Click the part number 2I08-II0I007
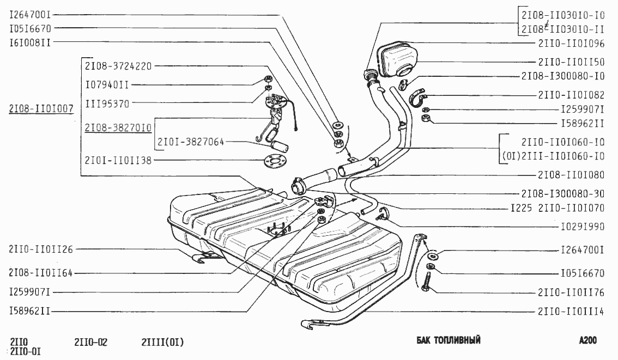click(x=41, y=108)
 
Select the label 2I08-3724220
click(x=118, y=66)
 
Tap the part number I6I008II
click(x=30, y=41)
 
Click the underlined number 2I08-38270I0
click(x=118, y=127)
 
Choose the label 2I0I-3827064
click(x=191, y=142)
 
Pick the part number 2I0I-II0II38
click(x=118, y=160)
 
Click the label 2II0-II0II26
click(x=40, y=249)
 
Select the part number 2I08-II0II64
click(x=40, y=271)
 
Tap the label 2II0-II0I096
click(x=571, y=42)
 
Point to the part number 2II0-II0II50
click(x=571, y=62)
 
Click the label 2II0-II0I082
click(x=571, y=95)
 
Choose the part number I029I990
click(x=583, y=225)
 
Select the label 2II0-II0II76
click(x=571, y=292)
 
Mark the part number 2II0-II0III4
click(x=571, y=312)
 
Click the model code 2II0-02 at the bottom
click(x=90, y=343)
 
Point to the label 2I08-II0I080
click(x=562, y=175)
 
